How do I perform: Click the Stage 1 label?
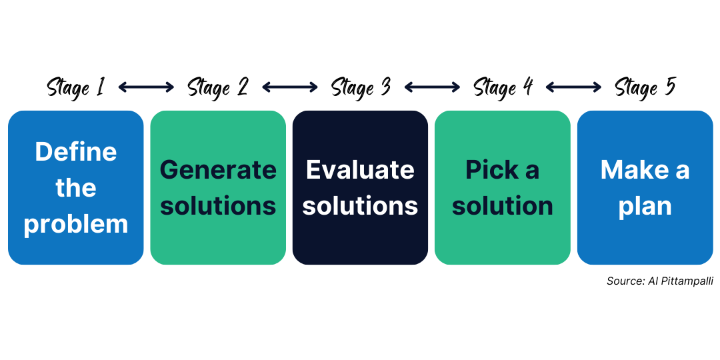[75, 87]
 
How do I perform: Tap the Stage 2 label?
[217, 87]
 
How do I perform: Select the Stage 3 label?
[360, 87]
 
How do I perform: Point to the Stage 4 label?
[503, 87]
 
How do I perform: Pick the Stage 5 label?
[645, 87]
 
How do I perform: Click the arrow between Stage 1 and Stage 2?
[146, 87]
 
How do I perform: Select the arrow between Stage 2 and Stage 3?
[290, 87]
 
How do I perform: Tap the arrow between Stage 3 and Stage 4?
[432, 87]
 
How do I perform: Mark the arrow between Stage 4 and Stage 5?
[573, 87]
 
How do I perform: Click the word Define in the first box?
[76, 152]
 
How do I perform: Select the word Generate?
[218, 170]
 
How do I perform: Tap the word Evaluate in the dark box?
[360, 170]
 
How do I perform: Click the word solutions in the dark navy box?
[360, 206]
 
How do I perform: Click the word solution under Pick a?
[503, 206]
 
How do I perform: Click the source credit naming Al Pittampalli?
[659, 281]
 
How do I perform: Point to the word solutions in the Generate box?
[218, 206]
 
